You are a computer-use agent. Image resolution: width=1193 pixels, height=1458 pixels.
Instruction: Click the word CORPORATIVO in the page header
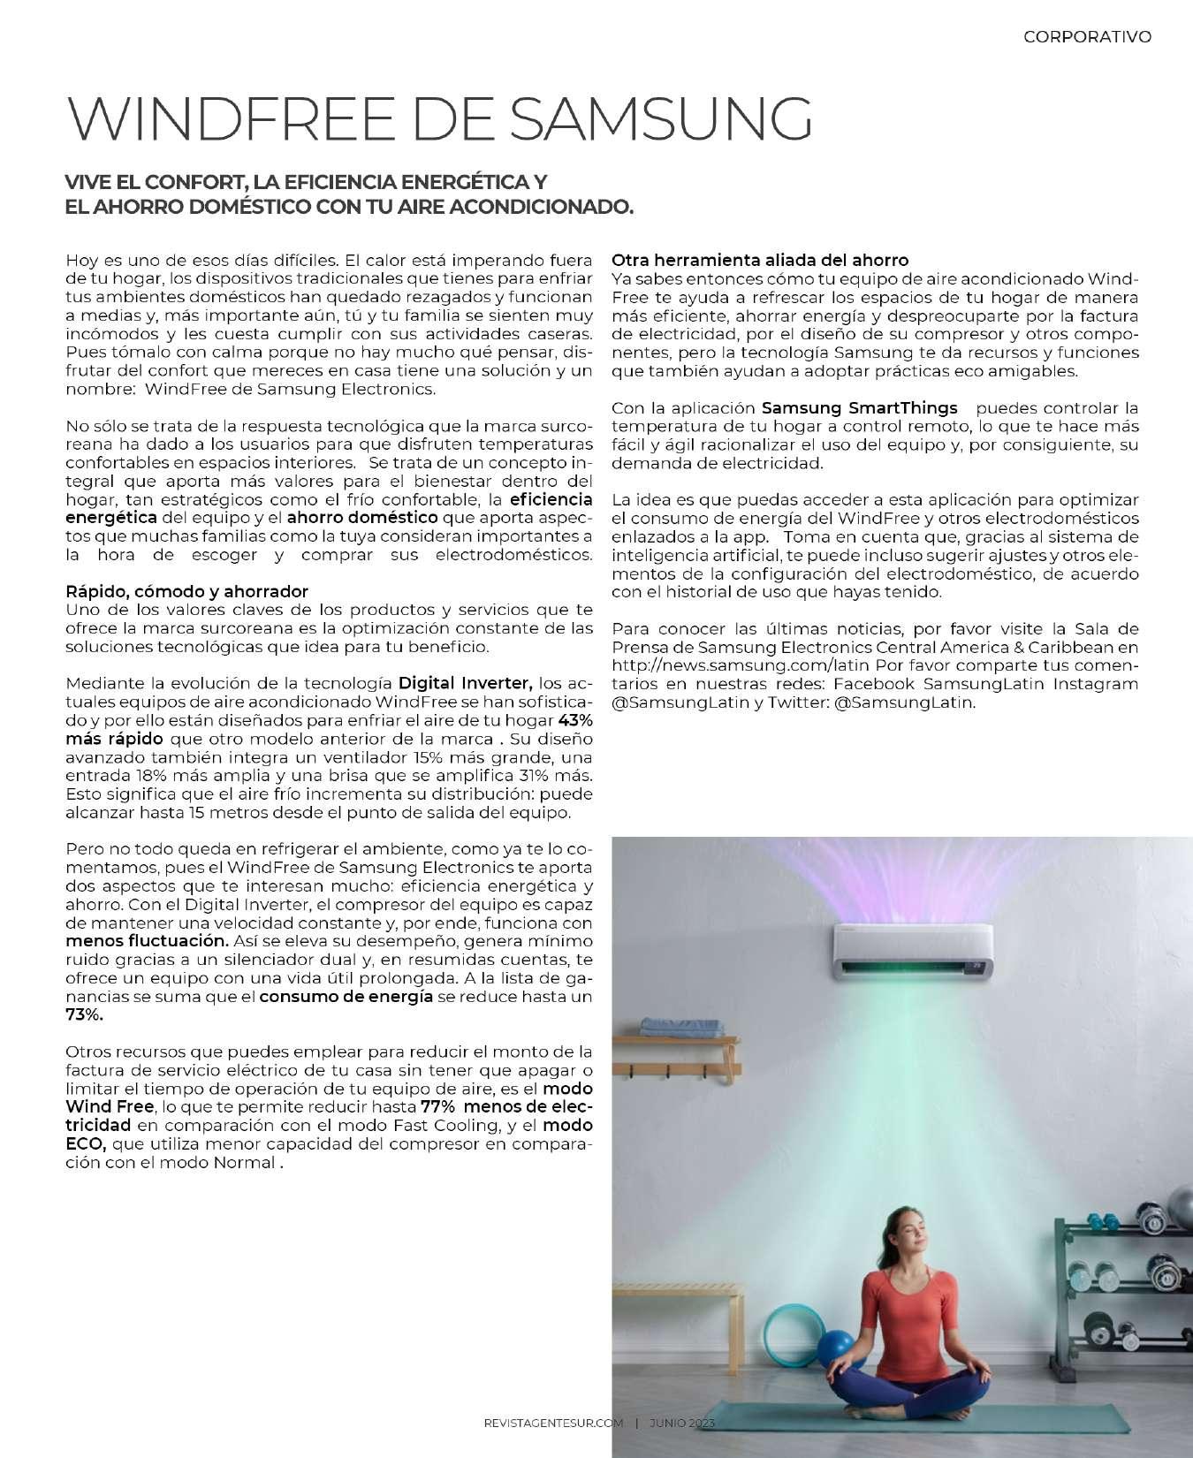[1087, 37]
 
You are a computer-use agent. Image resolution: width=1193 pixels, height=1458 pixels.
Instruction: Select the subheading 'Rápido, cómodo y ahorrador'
[187, 591]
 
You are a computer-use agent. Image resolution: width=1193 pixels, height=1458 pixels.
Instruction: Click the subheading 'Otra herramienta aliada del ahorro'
[760, 260]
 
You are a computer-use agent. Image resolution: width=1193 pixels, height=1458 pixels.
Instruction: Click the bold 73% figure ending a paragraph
[85, 1015]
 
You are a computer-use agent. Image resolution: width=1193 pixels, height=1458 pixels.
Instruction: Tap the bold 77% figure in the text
[438, 1106]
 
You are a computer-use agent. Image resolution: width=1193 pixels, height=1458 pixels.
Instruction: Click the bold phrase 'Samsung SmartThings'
[859, 408]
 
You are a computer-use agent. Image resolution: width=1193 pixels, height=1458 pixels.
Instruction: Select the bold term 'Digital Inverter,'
[466, 683]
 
